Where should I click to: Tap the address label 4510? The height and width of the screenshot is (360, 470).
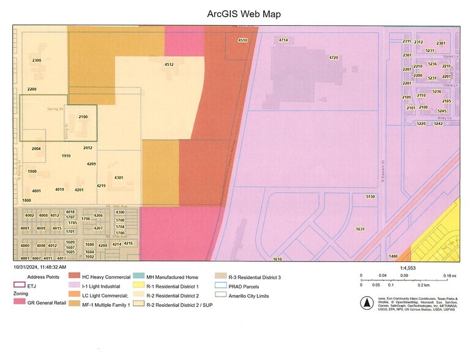243,40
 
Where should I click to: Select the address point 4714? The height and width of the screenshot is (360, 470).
283,40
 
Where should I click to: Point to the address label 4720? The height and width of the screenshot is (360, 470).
334,58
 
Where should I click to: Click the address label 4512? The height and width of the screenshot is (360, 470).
169,64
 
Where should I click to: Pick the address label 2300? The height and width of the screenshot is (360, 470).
37,60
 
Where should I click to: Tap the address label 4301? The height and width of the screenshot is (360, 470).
119,178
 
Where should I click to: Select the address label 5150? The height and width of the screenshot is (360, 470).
370,197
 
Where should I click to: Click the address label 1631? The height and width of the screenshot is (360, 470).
360,229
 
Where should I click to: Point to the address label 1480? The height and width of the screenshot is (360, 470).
393,256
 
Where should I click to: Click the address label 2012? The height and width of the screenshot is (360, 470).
88,148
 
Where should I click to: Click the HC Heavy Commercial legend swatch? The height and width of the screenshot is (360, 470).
73,277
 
